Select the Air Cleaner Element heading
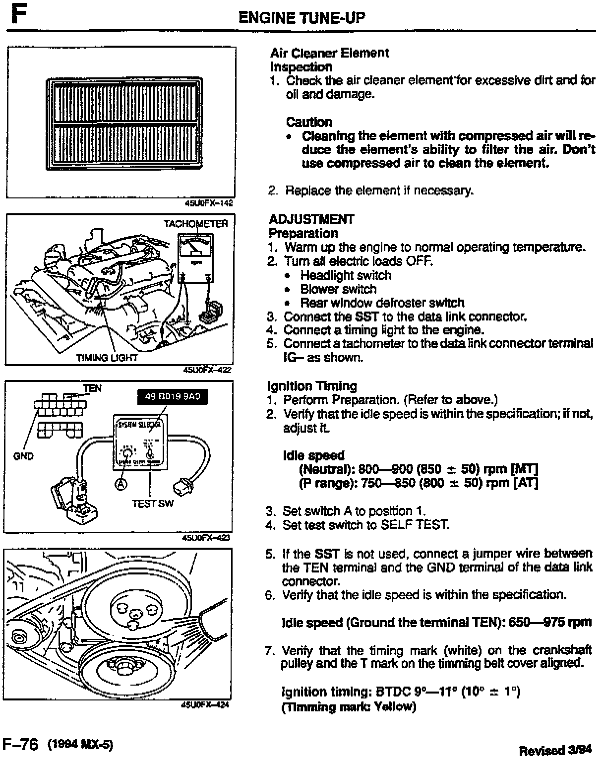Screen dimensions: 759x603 point(329,53)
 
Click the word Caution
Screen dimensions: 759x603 point(309,122)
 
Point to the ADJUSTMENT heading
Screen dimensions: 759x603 point(311,219)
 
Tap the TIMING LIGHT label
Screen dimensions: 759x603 point(107,358)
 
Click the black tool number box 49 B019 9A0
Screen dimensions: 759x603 point(171,397)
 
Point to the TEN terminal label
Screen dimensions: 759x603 point(92,388)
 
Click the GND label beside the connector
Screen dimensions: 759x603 point(23,456)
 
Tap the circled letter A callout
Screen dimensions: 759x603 point(121,484)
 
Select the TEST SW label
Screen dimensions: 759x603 point(153,504)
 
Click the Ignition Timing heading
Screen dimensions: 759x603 point(312,386)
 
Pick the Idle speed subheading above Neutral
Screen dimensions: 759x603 point(313,455)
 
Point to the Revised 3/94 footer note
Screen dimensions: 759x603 point(556,751)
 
